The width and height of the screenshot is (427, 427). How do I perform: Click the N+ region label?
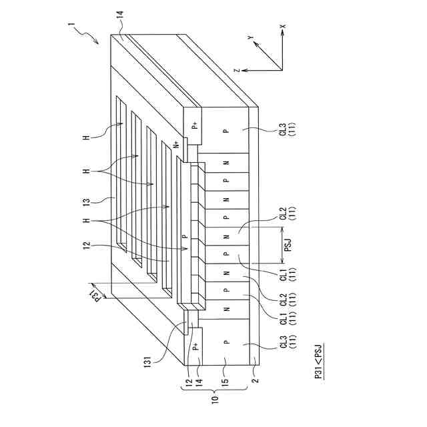(x=176, y=145)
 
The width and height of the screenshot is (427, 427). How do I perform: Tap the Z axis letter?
(x=237, y=70)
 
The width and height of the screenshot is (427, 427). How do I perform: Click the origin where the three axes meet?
(x=281, y=69)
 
